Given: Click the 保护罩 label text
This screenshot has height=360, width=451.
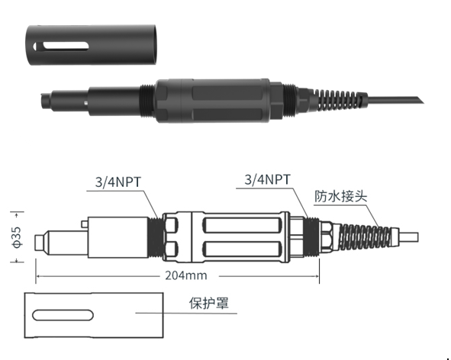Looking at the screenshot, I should click(209, 303).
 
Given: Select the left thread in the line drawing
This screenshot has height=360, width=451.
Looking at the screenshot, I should click(156, 236).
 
